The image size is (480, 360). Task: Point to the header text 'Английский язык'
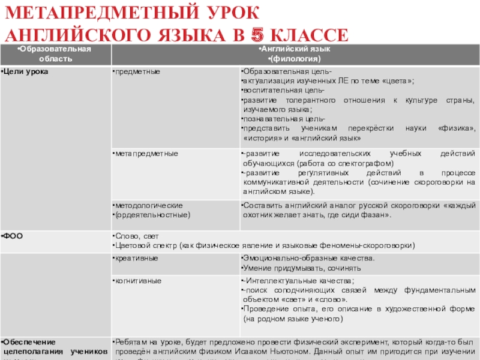295,49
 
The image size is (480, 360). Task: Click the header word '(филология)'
295,58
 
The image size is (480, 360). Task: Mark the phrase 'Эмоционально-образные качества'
307,259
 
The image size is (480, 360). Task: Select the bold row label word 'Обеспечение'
28,341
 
